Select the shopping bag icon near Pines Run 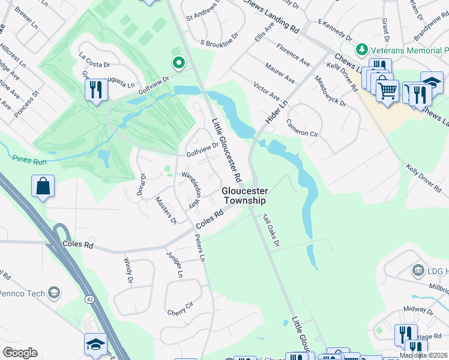[43, 187]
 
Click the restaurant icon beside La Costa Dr [96, 90]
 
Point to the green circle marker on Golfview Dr [178, 62]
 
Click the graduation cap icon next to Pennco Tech [54, 292]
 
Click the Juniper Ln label [175, 265]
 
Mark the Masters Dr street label [165, 211]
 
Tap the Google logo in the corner [20, 353]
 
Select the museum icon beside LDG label [418, 271]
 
